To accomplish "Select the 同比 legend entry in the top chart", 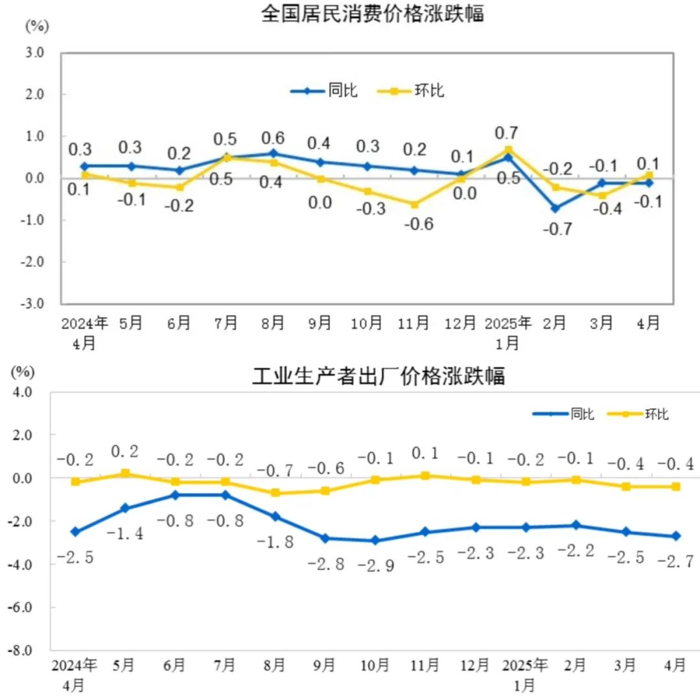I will (324, 91).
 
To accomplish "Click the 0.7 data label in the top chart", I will (506, 133).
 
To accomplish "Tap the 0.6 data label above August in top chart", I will (274, 137).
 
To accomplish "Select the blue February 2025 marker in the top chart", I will (555, 208).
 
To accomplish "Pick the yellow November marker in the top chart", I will (414, 204).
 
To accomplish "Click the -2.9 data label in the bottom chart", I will (374, 565).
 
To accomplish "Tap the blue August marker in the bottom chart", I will (275, 517).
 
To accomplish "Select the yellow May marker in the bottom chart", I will (125, 473).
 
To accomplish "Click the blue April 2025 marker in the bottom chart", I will (676, 536).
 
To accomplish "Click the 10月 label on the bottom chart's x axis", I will (375, 665).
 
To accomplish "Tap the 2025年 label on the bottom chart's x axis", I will (526, 665).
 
